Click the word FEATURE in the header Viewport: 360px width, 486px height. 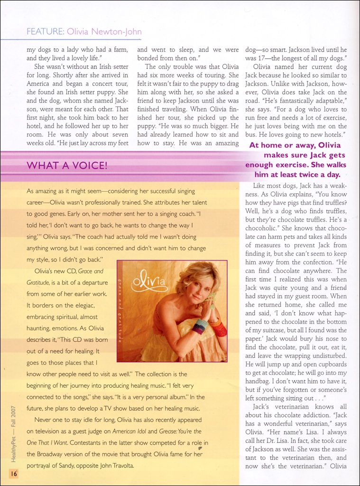pos(45,32)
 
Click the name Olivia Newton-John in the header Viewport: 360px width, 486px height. pos(104,32)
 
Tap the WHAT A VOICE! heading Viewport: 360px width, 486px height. pos(67,166)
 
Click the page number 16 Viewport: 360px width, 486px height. pos(13,473)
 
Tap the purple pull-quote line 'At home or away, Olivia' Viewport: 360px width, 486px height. pos(295,146)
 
